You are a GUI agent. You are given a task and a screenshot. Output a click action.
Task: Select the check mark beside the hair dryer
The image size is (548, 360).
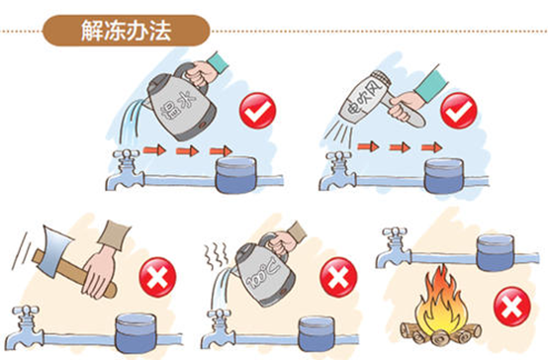pos(457,111)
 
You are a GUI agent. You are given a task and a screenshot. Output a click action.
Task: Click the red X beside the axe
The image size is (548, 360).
pos(155,279)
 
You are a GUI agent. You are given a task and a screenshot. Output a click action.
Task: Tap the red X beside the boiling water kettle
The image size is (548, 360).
pos(332,279)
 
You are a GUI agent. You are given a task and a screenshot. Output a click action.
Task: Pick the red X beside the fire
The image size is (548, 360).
pos(510,309)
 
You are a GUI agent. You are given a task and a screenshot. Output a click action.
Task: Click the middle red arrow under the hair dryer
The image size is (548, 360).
pos(398,147)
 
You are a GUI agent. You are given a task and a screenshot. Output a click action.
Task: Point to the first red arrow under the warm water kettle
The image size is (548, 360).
pos(153,148)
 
